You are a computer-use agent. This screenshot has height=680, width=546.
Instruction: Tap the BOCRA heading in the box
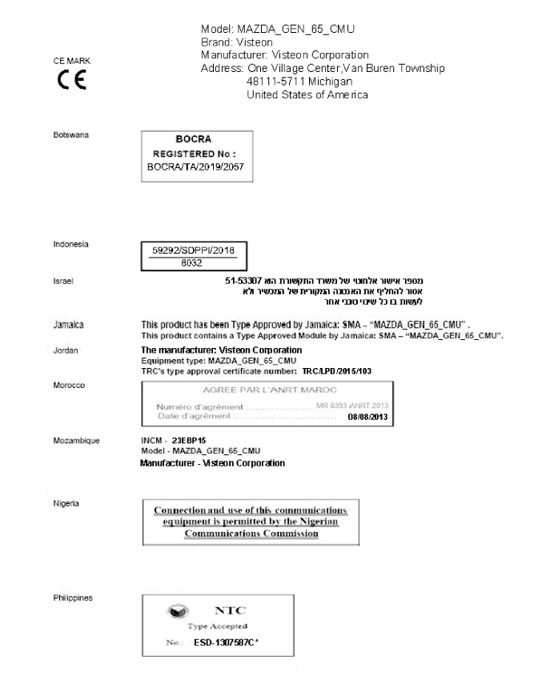click(197, 139)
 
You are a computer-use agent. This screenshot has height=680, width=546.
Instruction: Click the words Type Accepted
click(217, 626)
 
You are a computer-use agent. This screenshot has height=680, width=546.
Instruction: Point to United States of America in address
click(307, 94)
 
